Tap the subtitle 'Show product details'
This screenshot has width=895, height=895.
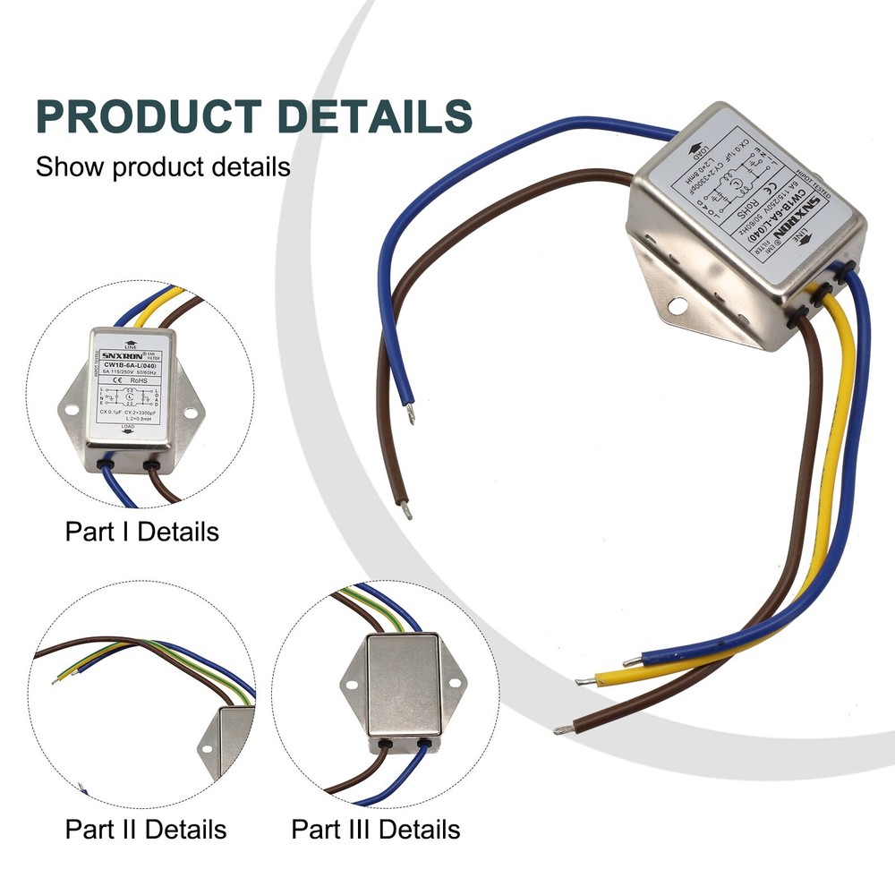tap(163, 166)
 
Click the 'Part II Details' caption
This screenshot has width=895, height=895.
tap(146, 829)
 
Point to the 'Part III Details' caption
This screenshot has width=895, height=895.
tap(376, 829)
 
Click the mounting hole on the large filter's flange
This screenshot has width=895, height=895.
tap(678, 306)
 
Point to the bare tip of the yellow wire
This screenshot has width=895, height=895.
tap(582, 681)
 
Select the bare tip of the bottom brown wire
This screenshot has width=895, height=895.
tap(562, 730)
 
